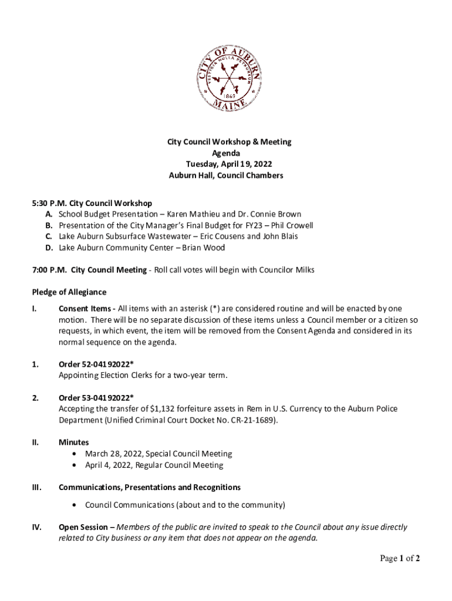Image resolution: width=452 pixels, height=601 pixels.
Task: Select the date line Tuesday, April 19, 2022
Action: click(x=226, y=164)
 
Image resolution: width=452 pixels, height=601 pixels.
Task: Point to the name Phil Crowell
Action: click(x=292, y=225)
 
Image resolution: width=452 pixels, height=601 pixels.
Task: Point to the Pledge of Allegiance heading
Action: click(x=69, y=292)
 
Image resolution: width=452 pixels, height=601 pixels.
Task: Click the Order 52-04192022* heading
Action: click(x=96, y=364)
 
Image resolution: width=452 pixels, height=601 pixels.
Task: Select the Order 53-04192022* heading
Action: click(x=96, y=397)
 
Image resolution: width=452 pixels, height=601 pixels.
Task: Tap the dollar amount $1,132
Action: click(x=163, y=408)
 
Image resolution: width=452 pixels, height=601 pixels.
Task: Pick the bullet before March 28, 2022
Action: click(x=73, y=454)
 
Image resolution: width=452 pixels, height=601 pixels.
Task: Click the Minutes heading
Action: click(x=73, y=443)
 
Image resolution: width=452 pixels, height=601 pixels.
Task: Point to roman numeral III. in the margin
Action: click(x=36, y=487)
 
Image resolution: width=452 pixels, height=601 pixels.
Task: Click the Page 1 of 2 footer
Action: click(x=400, y=559)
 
